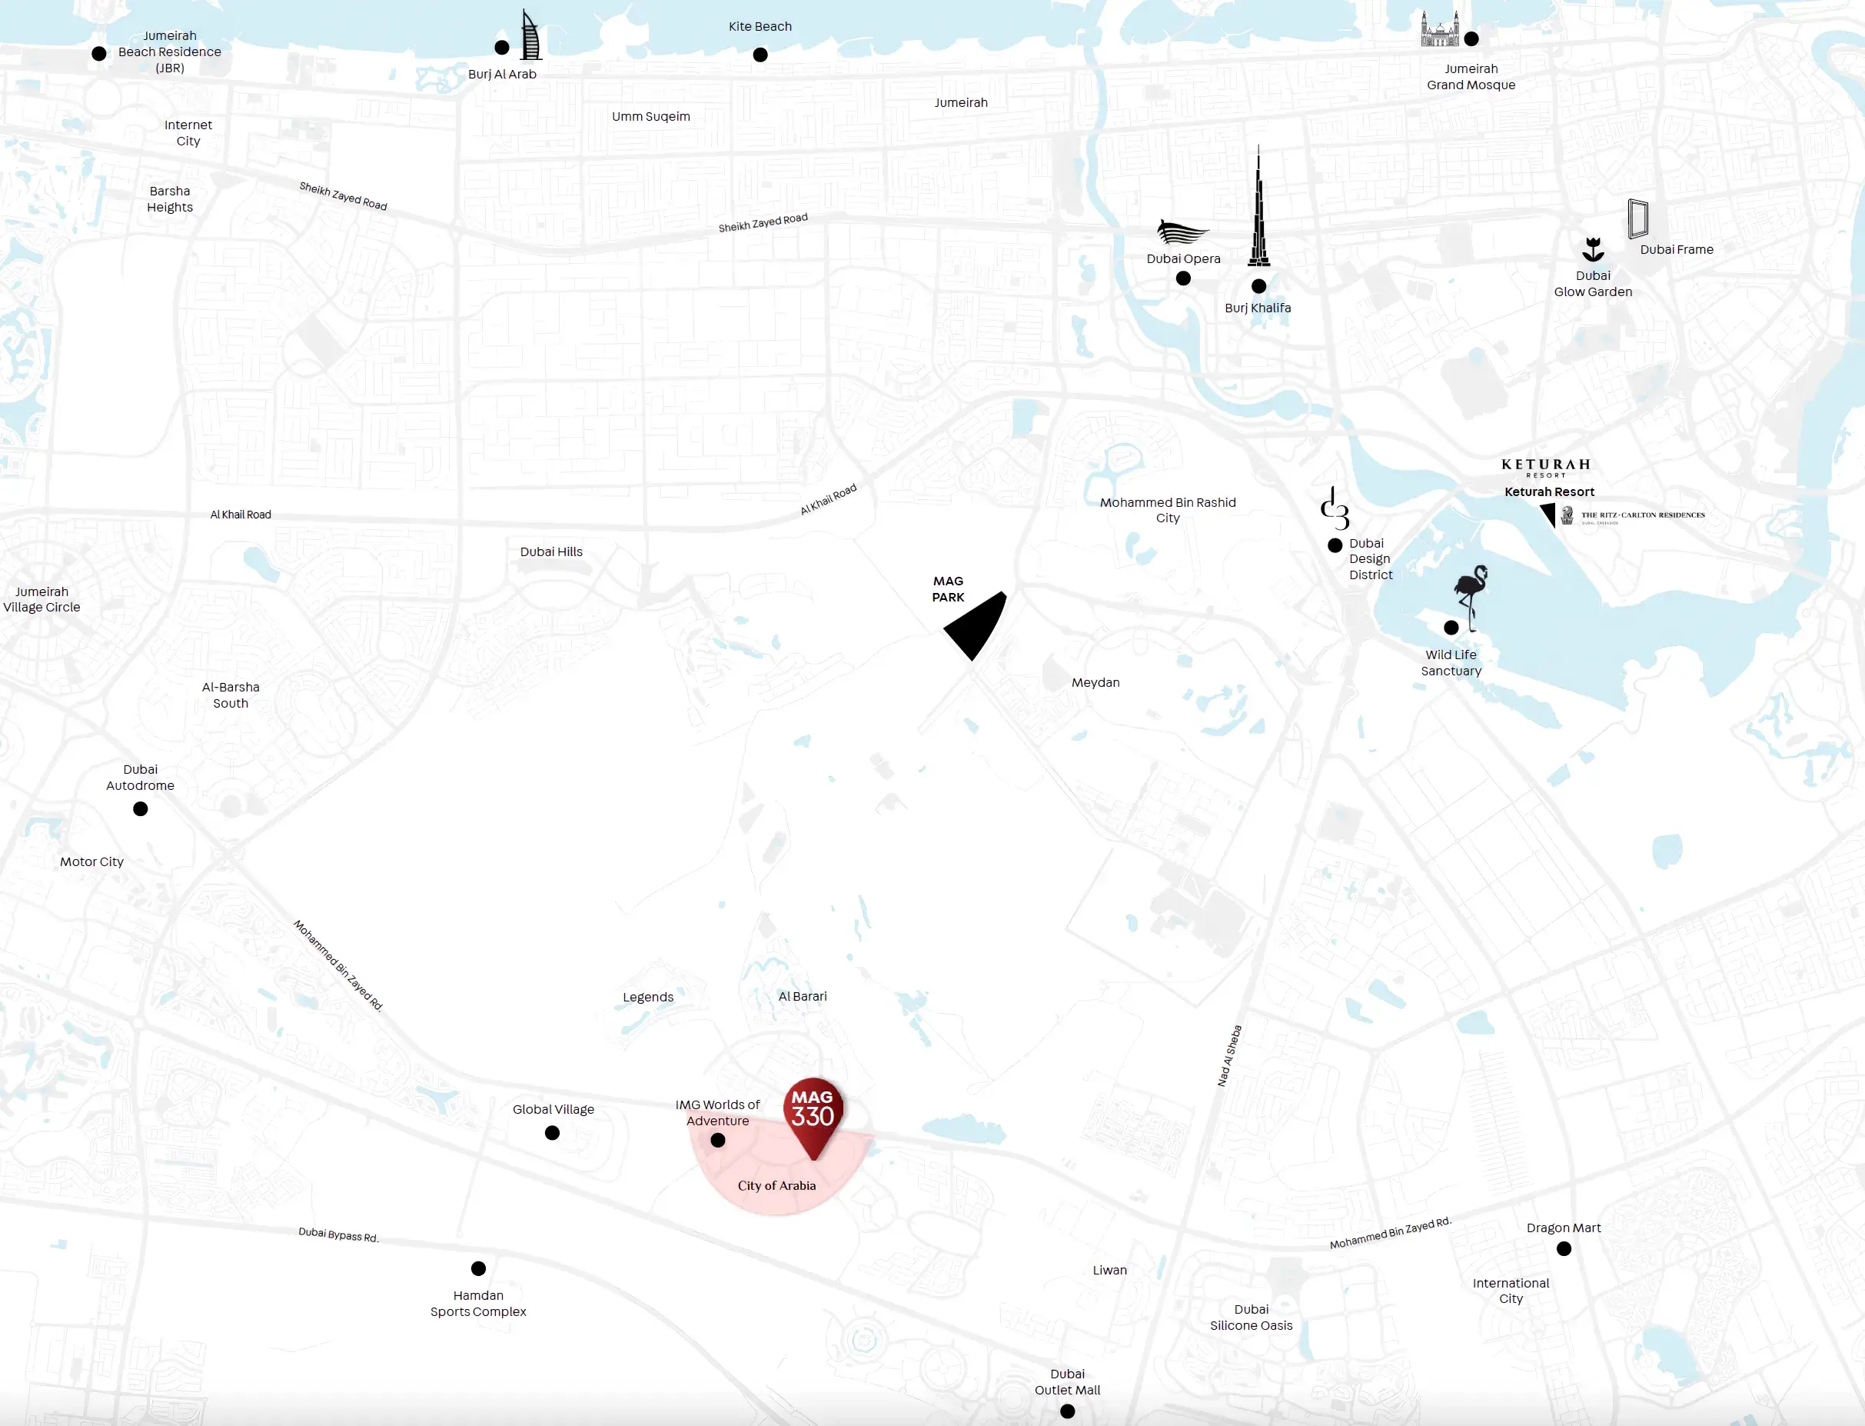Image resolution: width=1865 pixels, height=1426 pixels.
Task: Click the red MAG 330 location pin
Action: [x=813, y=1113]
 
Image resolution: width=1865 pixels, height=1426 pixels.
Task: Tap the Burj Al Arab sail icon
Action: [x=530, y=36]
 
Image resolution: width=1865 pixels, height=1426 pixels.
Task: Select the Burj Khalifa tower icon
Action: [x=1258, y=212]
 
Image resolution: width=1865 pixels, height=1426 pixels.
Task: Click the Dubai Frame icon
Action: [x=1637, y=219]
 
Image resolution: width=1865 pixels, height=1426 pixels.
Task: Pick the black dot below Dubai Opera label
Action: [x=1183, y=278]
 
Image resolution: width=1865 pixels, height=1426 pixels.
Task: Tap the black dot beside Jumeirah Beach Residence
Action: [x=99, y=54]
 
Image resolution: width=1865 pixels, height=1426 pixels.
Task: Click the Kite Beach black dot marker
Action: [x=760, y=55]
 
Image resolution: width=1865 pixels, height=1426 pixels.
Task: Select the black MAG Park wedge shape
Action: [x=976, y=625]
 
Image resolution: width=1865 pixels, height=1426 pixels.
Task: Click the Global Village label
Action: [x=554, y=1109]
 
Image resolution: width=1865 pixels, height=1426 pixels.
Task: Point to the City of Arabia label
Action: [x=776, y=1186]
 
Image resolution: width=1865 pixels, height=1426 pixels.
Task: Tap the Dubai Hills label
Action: [x=551, y=551]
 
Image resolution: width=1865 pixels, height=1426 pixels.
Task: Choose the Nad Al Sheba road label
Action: [x=1229, y=1056]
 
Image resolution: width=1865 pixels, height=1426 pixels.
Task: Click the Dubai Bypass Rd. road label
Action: [x=338, y=1235]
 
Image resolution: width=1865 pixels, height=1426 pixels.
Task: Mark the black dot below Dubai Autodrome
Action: [x=141, y=809]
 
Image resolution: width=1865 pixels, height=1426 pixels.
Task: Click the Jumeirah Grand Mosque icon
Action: [x=1440, y=32]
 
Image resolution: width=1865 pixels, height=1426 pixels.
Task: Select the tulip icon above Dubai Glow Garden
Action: [x=1593, y=249]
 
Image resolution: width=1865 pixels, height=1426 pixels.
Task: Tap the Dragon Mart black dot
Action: [x=1564, y=1248]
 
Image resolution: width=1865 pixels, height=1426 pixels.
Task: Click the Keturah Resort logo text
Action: [x=1545, y=465]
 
